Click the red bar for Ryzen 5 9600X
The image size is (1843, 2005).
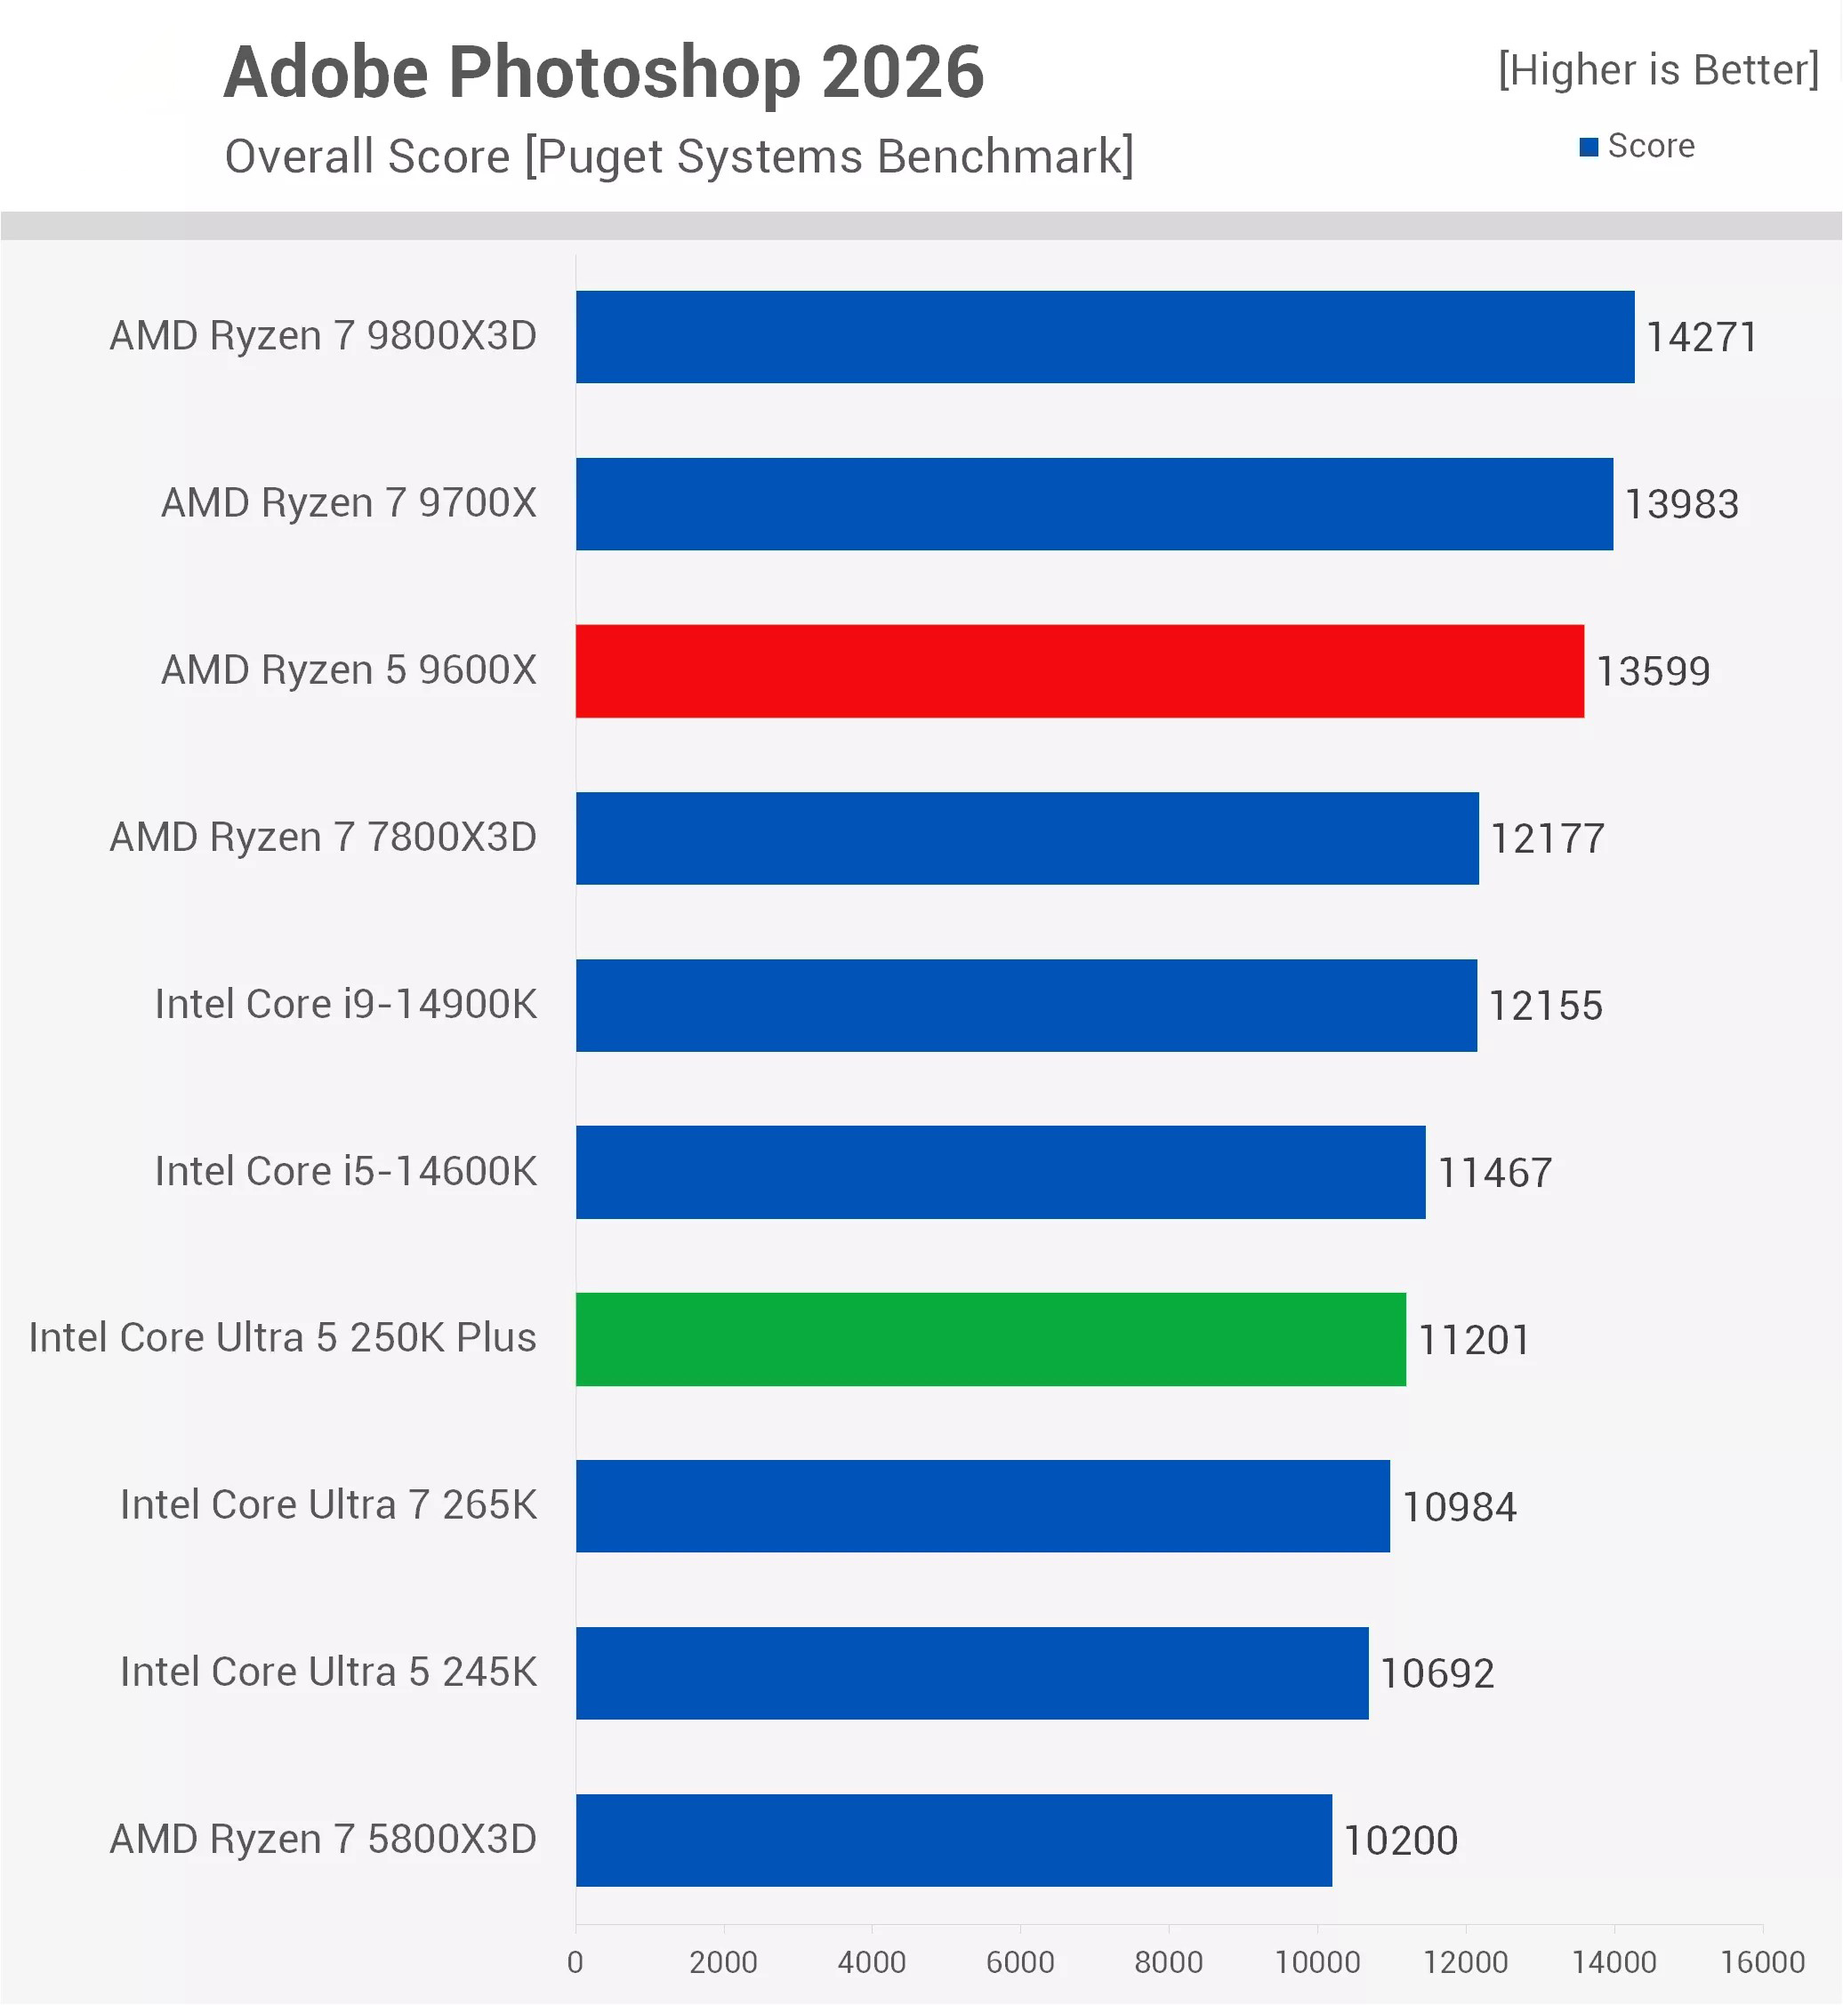(x=1079, y=671)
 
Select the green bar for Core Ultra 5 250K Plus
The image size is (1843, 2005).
(x=990, y=1339)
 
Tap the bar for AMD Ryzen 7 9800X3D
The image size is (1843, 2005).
(x=1105, y=337)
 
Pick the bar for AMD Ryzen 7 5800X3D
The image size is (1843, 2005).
(x=954, y=1841)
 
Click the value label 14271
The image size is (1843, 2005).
(x=1702, y=337)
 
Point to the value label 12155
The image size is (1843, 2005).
(x=1545, y=1005)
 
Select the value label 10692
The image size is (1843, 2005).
(x=1437, y=1673)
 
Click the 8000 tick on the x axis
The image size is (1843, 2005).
(x=1168, y=1962)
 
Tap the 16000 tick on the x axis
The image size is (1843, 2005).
(x=1762, y=1962)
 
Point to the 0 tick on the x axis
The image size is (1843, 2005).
(x=575, y=1962)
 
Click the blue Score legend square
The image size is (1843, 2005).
(x=1589, y=148)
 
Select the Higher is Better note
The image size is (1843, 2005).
(x=1657, y=69)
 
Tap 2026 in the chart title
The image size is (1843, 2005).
(x=903, y=74)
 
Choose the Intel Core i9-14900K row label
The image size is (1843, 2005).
(x=345, y=1004)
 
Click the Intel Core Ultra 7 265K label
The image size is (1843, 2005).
(x=328, y=1504)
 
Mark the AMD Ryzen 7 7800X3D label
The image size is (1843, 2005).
(x=323, y=838)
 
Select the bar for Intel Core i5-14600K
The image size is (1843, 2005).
(x=1001, y=1173)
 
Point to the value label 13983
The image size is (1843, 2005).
(x=1681, y=503)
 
